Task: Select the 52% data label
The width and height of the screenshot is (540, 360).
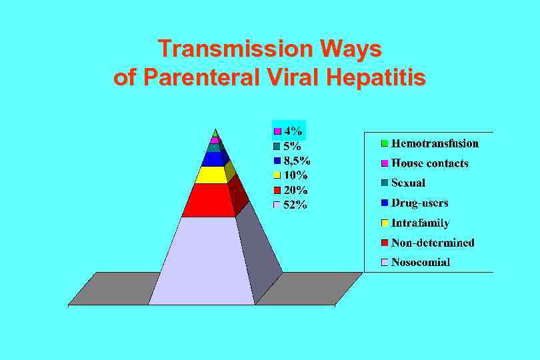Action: [x=295, y=205]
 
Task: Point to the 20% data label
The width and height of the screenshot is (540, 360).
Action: [x=295, y=190]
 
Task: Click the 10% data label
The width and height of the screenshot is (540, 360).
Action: [x=295, y=175]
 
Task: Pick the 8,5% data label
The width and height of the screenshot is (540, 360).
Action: [x=297, y=161]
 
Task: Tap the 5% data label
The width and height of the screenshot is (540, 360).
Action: [x=291, y=145]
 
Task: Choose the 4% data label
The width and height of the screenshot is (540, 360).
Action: [x=291, y=131]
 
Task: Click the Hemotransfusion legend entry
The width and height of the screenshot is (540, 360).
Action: [x=434, y=143]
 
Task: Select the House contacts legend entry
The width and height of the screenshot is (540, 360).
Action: [x=429, y=163]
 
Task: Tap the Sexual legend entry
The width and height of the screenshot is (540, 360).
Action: [x=408, y=183]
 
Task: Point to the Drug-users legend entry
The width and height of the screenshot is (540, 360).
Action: [x=419, y=203]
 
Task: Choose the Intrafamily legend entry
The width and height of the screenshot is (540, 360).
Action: [x=420, y=223]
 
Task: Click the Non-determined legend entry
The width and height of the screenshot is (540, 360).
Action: [x=433, y=243]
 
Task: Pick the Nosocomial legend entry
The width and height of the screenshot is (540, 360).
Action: [x=421, y=262]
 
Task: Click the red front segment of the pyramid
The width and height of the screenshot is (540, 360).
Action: [x=208, y=201]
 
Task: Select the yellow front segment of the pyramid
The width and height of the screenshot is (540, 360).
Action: [x=211, y=175]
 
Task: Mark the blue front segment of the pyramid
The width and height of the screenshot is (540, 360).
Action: [x=213, y=159]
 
